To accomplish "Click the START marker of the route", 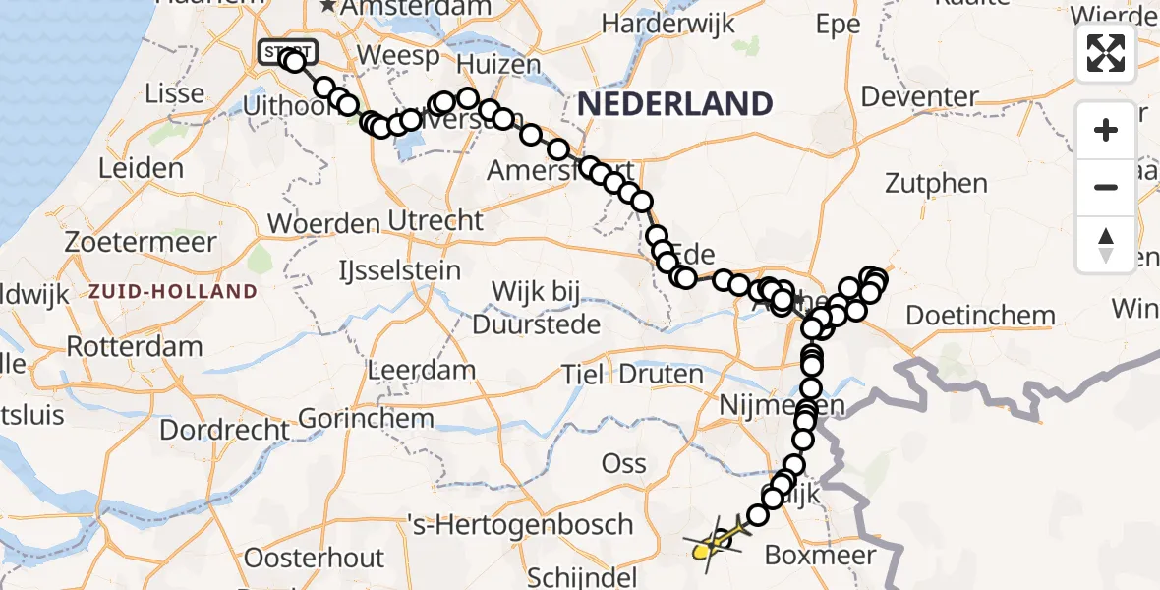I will point(286,51).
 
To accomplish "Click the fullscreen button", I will point(1106,52).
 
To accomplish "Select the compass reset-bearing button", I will point(1106,245).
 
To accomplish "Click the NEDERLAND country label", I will point(675,102).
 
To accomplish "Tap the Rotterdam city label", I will point(135,346).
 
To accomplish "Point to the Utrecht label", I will point(435,220).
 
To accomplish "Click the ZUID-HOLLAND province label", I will point(172,292).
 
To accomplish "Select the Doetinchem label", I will point(980,316).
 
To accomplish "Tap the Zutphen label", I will point(936,183).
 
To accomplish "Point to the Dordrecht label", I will point(225,430).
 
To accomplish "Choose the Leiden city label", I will point(142,168).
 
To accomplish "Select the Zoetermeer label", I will point(141,241).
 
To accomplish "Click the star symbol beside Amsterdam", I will point(328,7).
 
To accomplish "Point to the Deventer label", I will point(919,97).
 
